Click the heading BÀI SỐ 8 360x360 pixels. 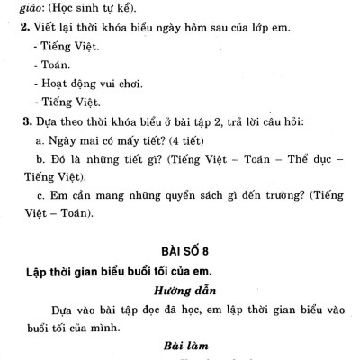(180, 249)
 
